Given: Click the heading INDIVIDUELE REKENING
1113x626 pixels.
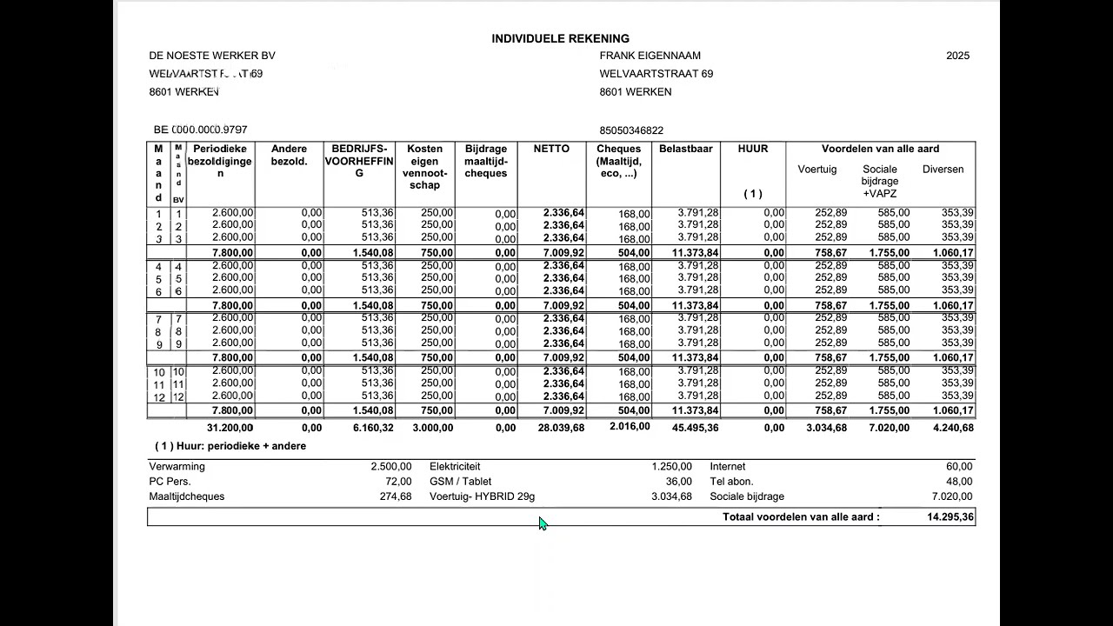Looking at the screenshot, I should tap(560, 38).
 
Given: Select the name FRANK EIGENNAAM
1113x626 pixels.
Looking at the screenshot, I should tap(650, 56).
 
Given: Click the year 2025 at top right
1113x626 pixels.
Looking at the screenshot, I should tap(957, 56).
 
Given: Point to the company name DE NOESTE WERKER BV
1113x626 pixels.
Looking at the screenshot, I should tap(212, 56).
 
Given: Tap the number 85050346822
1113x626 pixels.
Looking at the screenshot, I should tap(631, 130).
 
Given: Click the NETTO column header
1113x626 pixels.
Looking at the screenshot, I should tap(551, 149).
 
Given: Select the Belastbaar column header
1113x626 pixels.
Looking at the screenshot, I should tap(685, 149).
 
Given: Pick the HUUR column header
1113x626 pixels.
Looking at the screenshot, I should tap(752, 149).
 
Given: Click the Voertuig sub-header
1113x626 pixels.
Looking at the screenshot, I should tap(817, 170).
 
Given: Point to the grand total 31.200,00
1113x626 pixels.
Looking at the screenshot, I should tap(230, 428).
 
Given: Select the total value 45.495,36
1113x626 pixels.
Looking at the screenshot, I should tap(696, 428).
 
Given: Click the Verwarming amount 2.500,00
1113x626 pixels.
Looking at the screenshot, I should tap(391, 467).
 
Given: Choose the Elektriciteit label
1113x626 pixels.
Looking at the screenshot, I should tap(455, 467).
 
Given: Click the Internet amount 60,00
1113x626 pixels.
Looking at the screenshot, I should tap(960, 467).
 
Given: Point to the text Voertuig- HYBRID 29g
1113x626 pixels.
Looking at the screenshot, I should tap(482, 496).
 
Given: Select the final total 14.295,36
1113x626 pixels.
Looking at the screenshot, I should tap(950, 517).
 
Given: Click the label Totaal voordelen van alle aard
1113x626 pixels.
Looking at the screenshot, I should tap(801, 517).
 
